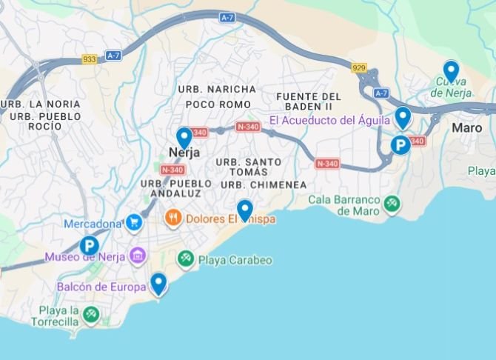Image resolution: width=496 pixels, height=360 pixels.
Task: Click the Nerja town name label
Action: point(185,153)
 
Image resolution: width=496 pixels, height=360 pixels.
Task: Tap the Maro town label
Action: point(467,127)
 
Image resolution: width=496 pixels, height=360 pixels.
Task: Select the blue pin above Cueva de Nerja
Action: point(451,70)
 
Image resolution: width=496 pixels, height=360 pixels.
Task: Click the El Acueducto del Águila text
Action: point(329,120)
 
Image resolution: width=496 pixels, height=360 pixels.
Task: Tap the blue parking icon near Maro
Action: point(401,145)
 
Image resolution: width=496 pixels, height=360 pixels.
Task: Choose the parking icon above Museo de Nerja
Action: point(90,245)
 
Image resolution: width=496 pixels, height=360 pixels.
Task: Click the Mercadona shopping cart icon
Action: point(134,222)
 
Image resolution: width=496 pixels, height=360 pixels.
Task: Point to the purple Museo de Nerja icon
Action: point(137,257)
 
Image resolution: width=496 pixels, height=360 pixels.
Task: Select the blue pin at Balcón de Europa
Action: point(158,283)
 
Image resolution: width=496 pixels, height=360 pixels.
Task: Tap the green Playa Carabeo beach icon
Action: point(185,259)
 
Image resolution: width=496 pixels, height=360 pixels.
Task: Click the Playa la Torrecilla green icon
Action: point(91,315)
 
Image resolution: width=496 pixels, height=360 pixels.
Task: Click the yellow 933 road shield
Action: point(90,60)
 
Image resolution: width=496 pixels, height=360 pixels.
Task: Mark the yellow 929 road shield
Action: point(360,67)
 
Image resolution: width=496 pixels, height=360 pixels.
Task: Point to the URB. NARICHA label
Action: point(217,89)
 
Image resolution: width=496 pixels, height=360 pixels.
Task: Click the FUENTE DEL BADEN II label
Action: point(309,101)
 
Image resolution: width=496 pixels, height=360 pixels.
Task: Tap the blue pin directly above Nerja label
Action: point(184,137)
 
